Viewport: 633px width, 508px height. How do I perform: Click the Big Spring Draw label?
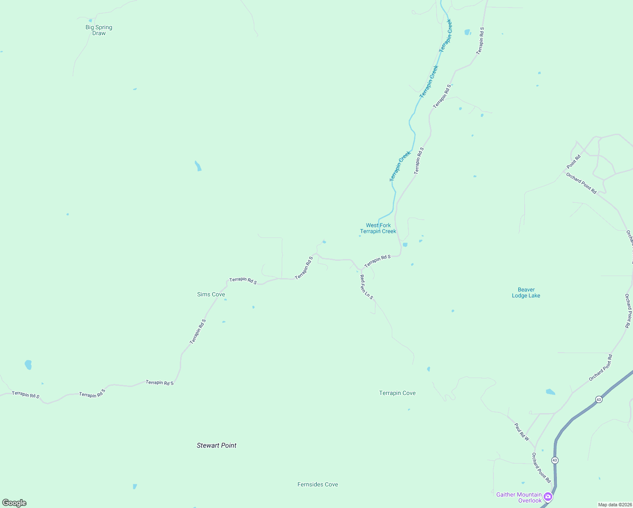(99, 30)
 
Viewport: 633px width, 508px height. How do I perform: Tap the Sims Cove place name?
(211, 294)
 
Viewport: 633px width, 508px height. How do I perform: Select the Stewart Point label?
(216, 445)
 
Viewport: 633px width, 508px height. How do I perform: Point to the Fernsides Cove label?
(317, 484)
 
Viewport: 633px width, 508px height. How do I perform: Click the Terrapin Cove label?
(397, 393)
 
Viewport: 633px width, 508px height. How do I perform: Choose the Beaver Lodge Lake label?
(526, 293)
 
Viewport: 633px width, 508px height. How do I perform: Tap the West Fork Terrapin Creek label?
(378, 228)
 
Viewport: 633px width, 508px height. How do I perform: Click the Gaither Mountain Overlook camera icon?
(548, 497)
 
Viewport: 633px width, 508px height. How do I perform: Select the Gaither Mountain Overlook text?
(519, 497)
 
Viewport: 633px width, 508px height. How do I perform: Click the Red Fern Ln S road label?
(366, 287)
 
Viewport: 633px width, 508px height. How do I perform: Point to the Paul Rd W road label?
(522, 432)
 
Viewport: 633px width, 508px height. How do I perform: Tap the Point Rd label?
(574, 161)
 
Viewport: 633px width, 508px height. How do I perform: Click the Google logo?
(14, 503)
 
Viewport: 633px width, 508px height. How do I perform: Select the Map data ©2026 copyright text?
(614, 505)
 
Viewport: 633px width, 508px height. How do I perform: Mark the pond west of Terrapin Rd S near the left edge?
(28, 364)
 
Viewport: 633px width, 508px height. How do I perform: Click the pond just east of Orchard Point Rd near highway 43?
(550, 392)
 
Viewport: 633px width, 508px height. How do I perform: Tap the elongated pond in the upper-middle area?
(198, 166)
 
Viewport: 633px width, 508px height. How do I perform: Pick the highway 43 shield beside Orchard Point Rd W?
(598, 399)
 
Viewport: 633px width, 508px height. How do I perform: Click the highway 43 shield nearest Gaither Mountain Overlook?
(555, 460)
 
